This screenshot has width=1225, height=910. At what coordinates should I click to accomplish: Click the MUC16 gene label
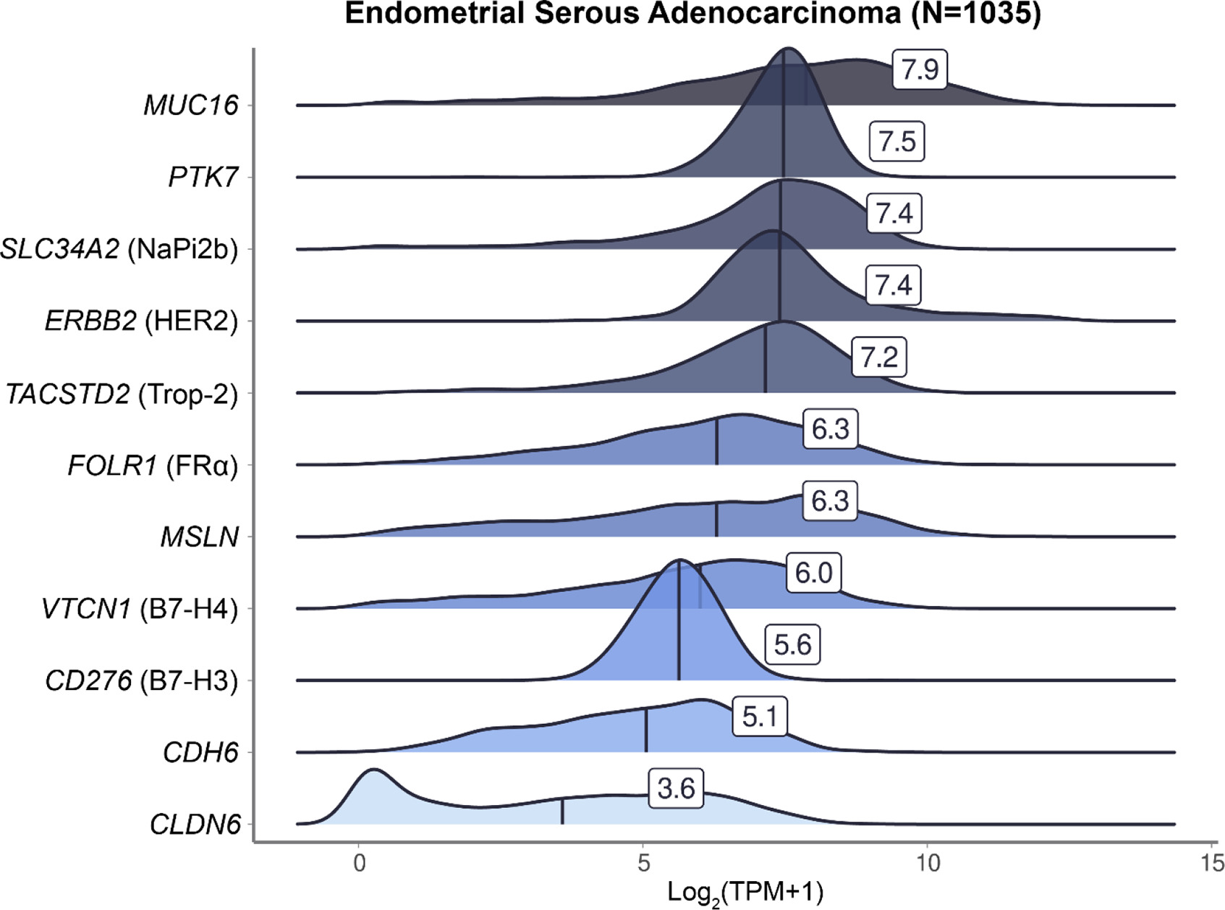(x=190, y=105)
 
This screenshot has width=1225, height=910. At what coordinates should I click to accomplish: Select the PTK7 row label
(x=203, y=177)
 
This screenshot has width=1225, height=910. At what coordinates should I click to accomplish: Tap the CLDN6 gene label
(x=195, y=825)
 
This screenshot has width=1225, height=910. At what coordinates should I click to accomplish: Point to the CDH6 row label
(x=200, y=752)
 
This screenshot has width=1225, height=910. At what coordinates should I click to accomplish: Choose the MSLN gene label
(x=200, y=537)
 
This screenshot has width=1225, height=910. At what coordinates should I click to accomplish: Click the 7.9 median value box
(x=920, y=69)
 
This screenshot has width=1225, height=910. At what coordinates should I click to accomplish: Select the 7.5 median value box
(x=897, y=141)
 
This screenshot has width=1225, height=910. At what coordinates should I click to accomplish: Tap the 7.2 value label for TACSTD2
(x=879, y=357)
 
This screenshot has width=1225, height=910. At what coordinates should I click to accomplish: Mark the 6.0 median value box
(x=813, y=573)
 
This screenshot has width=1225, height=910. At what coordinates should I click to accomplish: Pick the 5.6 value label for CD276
(x=792, y=644)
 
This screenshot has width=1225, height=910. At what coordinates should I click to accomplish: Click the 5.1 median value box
(x=760, y=717)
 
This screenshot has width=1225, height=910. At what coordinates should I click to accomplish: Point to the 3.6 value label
(x=676, y=788)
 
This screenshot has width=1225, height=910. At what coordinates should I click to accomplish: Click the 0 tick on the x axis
(x=360, y=863)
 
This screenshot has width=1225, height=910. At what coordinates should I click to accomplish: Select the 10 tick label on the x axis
(x=928, y=863)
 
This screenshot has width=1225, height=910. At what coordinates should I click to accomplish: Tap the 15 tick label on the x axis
(x=1212, y=863)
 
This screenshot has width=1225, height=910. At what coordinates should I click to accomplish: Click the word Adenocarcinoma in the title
(x=774, y=13)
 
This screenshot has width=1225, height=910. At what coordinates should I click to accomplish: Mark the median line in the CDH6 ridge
(x=646, y=730)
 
